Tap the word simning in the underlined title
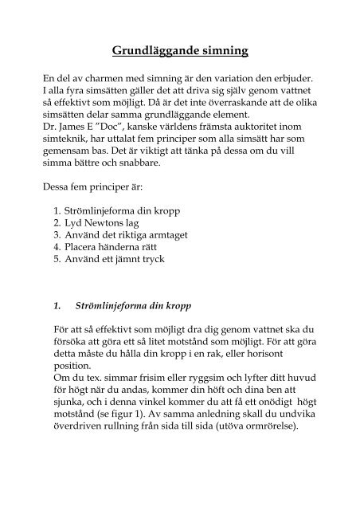[222, 52]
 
